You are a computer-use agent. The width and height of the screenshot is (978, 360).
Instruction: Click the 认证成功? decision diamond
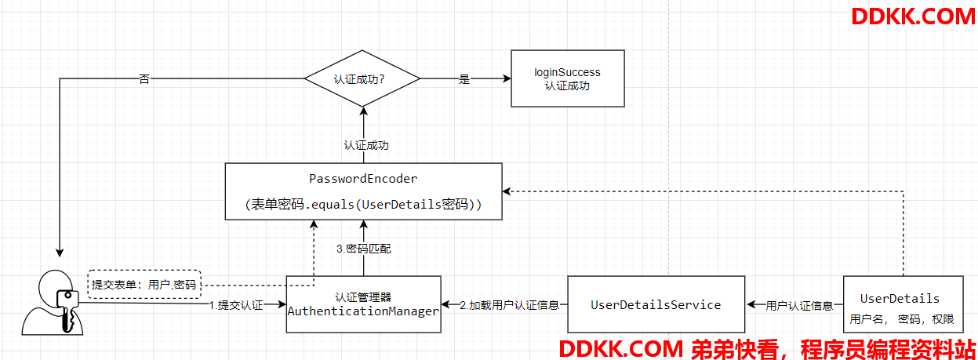pyautogui.click(x=362, y=78)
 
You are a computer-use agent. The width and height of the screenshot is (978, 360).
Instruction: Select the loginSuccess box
pyautogui.click(x=567, y=78)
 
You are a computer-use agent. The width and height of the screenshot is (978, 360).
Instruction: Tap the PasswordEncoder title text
pyautogui.click(x=363, y=179)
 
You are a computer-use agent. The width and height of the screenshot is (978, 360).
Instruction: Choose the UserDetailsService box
pyautogui.click(x=656, y=304)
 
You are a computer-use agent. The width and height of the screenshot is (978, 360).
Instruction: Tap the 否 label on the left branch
pyautogui.click(x=144, y=79)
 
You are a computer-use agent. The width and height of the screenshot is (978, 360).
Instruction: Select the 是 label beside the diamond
pyautogui.click(x=464, y=79)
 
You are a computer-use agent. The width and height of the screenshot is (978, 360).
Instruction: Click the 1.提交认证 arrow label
pyautogui.click(x=235, y=305)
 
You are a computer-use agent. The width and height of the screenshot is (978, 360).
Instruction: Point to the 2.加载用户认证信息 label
pyautogui.click(x=504, y=305)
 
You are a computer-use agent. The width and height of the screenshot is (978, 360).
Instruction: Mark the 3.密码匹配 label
pyautogui.click(x=363, y=249)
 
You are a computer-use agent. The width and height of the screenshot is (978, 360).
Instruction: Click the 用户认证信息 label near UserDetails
pyautogui.click(x=799, y=305)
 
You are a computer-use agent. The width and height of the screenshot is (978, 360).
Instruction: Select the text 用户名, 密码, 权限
pyautogui.click(x=902, y=319)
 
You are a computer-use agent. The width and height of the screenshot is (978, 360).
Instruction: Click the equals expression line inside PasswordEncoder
pyautogui.click(x=363, y=205)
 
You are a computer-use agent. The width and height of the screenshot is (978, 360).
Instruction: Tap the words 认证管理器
pyautogui.click(x=363, y=297)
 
